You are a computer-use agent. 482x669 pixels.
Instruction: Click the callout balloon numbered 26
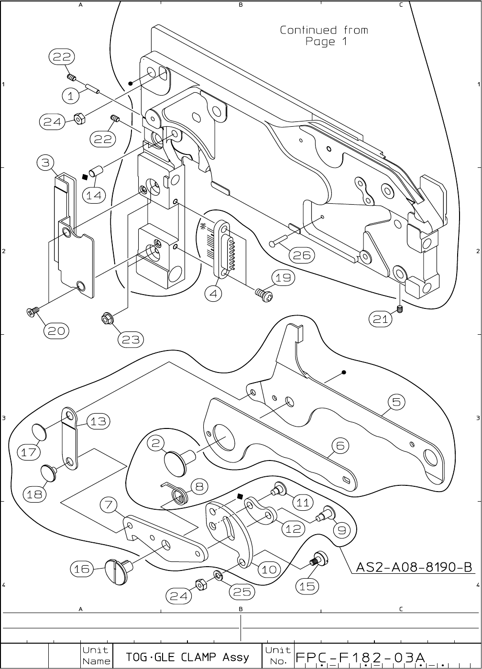[302, 255]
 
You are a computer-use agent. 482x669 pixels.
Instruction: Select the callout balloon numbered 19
[284, 278]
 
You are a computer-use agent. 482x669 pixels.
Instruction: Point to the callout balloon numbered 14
[94, 195]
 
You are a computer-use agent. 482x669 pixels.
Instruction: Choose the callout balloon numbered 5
[396, 402]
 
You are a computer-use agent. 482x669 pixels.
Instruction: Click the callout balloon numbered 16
[82, 569]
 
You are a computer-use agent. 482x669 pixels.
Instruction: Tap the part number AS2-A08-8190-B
[414, 568]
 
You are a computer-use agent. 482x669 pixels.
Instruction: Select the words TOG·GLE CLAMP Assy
[187, 657]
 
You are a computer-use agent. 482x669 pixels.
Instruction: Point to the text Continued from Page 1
[324, 36]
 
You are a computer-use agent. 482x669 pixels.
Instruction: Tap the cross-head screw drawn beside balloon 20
[33, 312]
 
